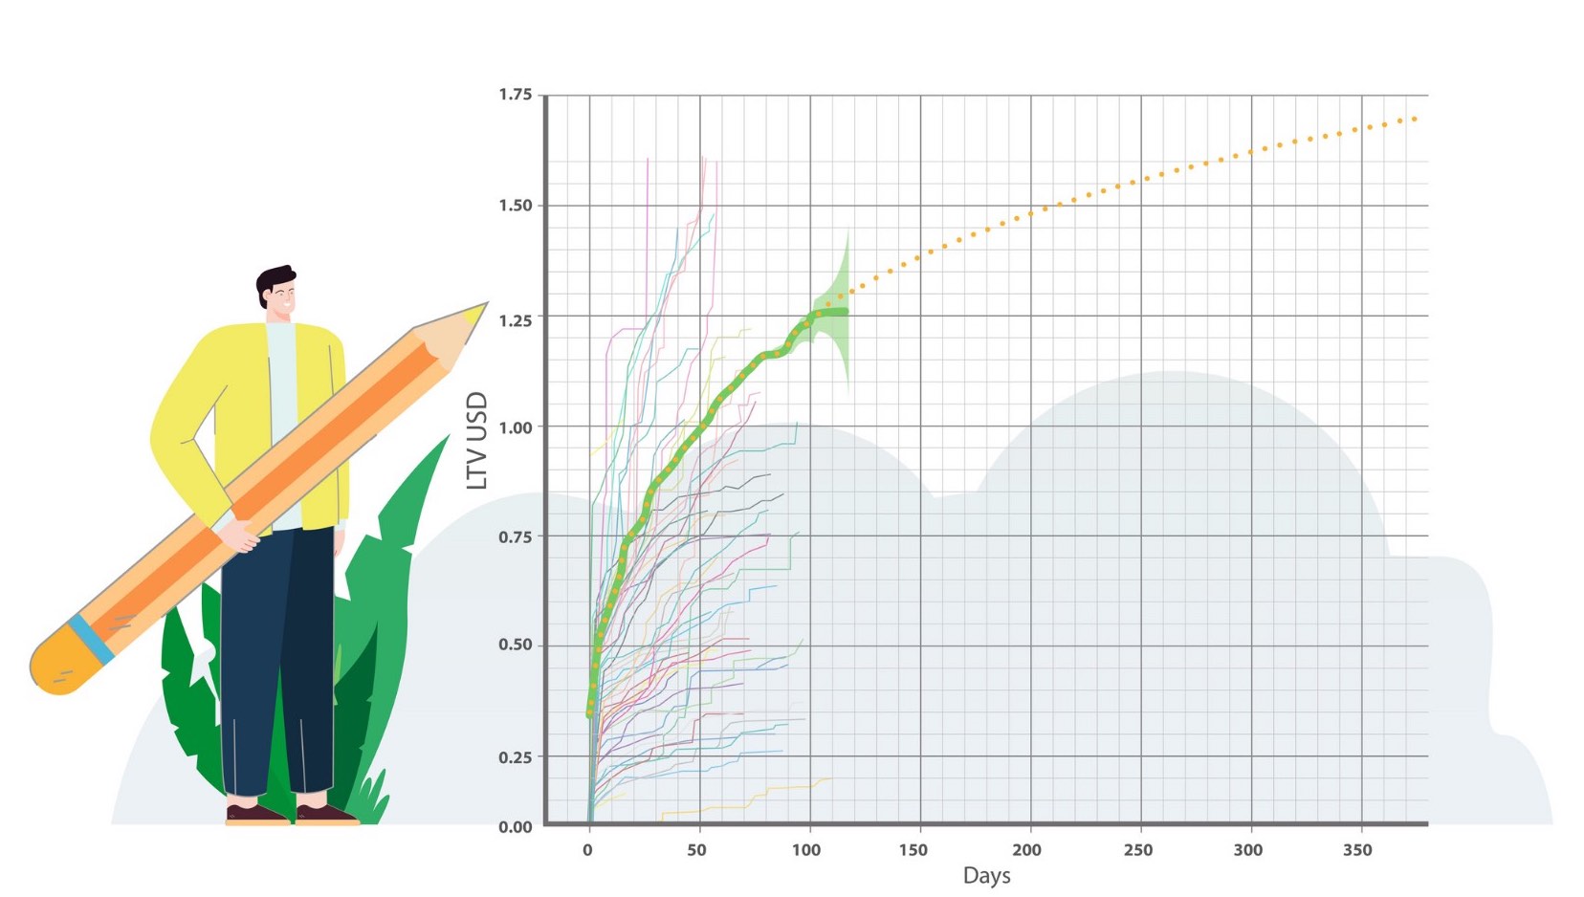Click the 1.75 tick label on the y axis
(x=515, y=95)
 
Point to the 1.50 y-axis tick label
(x=515, y=206)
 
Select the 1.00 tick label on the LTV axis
(x=515, y=427)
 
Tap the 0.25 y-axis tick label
(x=515, y=757)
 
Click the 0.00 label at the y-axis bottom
(x=515, y=827)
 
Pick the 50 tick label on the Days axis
(x=696, y=850)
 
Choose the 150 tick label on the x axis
(x=913, y=850)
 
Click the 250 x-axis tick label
(x=1138, y=850)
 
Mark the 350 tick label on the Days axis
(x=1356, y=850)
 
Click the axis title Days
(x=986, y=876)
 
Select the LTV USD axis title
(x=477, y=441)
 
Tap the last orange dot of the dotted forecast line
(x=1414, y=119)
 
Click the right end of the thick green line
(x=844, y=312)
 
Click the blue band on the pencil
(x=92, y=639)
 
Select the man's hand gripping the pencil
(x=241, y=535)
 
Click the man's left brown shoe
(x=255, y=814)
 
